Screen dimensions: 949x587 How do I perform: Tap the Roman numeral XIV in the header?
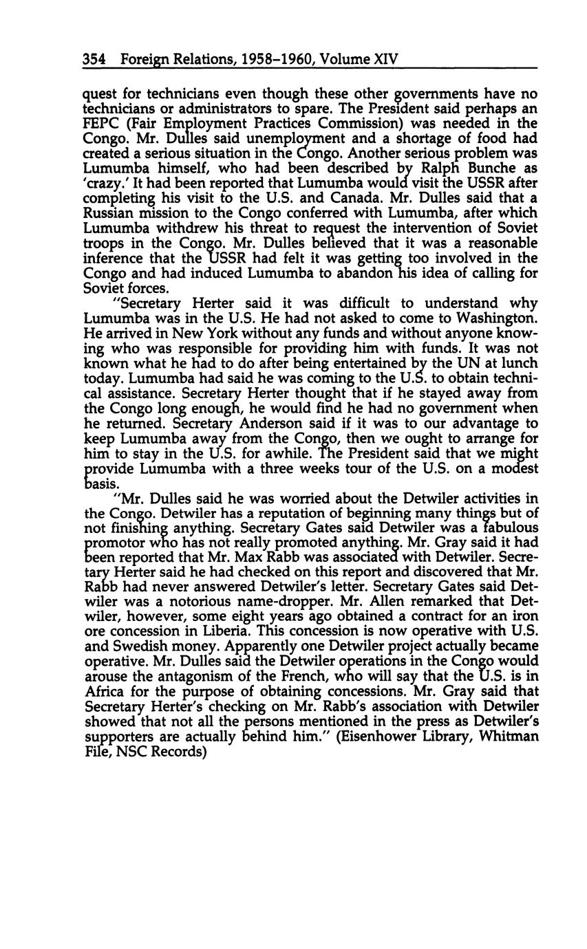point(385,60)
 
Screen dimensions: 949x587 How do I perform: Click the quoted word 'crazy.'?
point(105,184)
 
